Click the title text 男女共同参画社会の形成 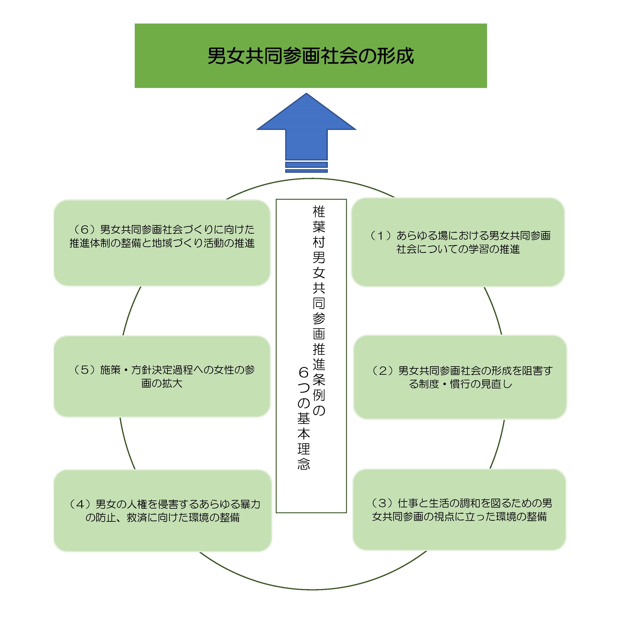click(310, 56)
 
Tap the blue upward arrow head click(306, 115)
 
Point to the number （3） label click(382, 503)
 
